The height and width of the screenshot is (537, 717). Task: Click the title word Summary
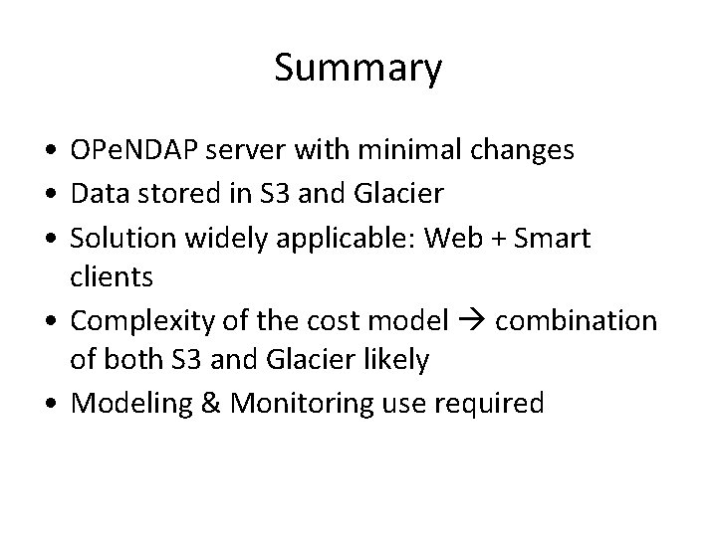click(358, 69)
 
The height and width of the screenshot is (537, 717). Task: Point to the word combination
click(576, 322)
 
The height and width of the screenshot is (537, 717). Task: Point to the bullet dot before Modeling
click(48, 404)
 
